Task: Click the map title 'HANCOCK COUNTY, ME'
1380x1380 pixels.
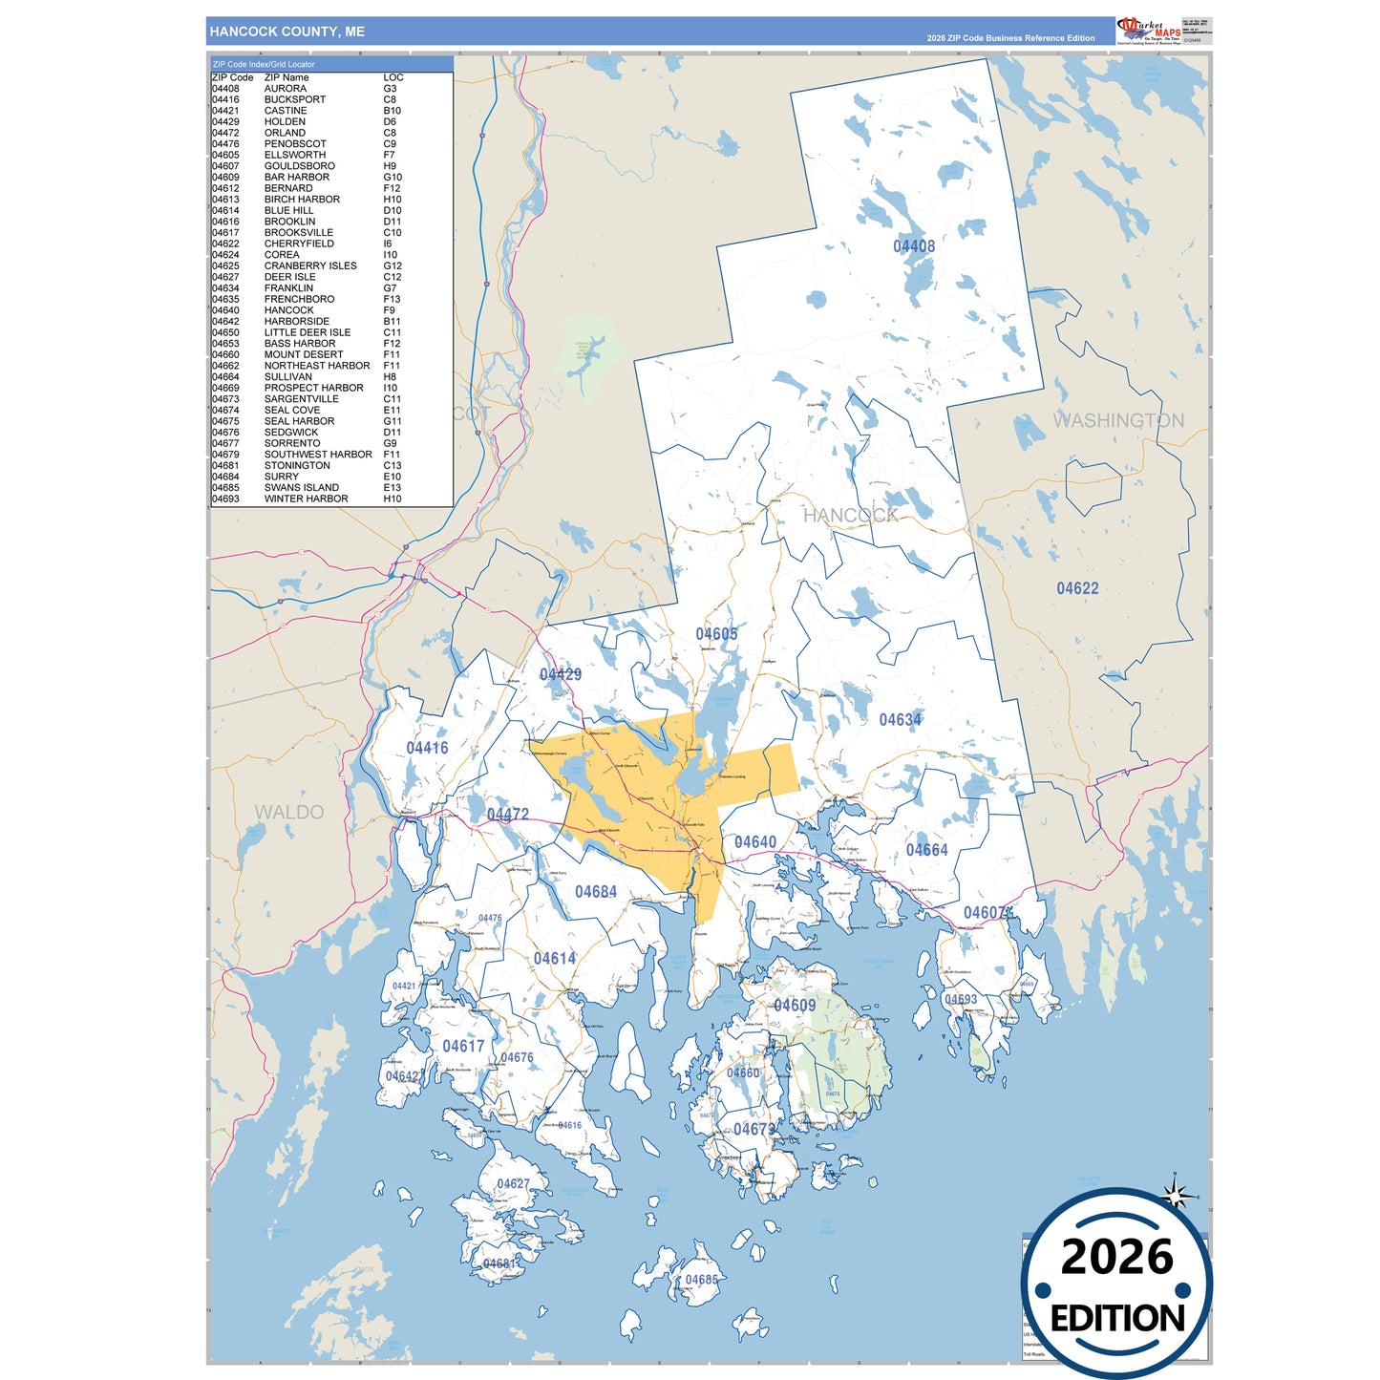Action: tap(287, 32)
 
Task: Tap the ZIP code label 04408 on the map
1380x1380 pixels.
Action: tap(914, 246)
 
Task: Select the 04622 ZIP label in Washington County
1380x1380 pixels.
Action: tap(1077, 588)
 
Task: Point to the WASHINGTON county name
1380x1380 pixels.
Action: tap(1118, 420)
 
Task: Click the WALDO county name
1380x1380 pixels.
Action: tap(288, 812)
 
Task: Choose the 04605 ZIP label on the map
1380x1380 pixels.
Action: tap(716, 634)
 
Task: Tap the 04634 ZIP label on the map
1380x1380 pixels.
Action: tap(901, 719)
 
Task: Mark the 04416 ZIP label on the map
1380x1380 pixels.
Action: tap(427, 748)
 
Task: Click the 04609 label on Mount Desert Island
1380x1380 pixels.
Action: tap(795, 1005)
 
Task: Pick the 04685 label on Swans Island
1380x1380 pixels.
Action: tap(701, 1280)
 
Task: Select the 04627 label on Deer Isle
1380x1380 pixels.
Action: tap(513, 1184)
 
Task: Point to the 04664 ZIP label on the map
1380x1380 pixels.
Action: tap(926, 850)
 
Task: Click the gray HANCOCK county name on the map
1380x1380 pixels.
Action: tap(850, 516)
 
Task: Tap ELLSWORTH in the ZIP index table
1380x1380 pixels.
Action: tap(295, 155)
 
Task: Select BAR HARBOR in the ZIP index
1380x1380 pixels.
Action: tap(297, 177)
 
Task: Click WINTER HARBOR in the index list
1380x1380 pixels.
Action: tap(306, 499)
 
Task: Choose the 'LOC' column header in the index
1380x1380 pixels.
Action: tap(393, 77)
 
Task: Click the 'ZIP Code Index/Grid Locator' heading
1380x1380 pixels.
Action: tap(264, 64)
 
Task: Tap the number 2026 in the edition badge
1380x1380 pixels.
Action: tap(1116, 1257)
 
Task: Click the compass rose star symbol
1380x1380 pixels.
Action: tap(1177, 1195)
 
